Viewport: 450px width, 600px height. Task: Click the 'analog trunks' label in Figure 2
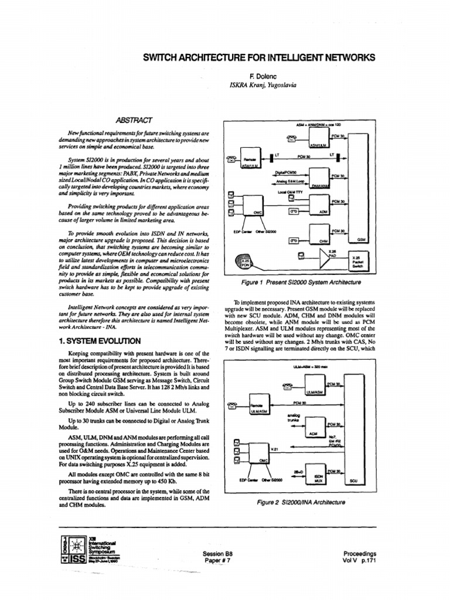[x=293, y=418]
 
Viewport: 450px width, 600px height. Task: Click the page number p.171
[x=367, y=561]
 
